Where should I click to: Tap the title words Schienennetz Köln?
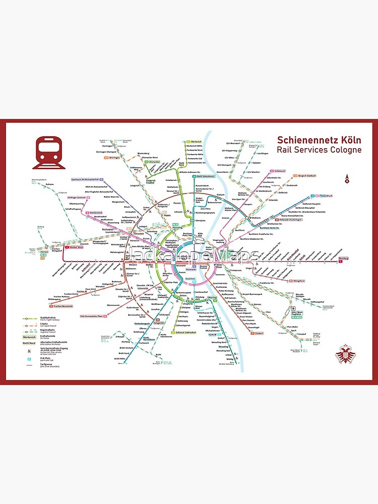pyautogui.click(x=319, y=140)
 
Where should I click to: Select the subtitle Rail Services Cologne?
pyautogui.click(x=319, y=150)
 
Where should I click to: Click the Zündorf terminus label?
pyautogui.click(x=258, y=333)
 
